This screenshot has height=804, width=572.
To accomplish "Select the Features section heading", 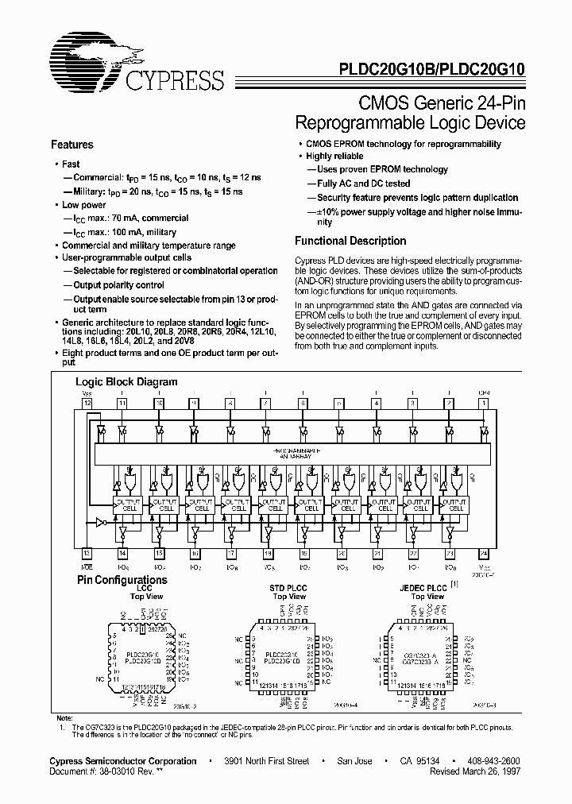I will click(x=72, y=145).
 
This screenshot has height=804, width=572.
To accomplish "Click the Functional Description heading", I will click(x=350, y=241).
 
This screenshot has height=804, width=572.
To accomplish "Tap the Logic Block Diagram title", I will click(x=126, y=381).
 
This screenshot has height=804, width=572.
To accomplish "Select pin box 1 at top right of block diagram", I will click(x=484, y=404).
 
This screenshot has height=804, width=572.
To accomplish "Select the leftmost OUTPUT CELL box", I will click(x=127, y=505).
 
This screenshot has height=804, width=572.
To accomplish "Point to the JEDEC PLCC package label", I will click(x=422, y=587).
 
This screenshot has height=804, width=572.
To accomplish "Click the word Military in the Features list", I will click(x=85, y=192).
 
